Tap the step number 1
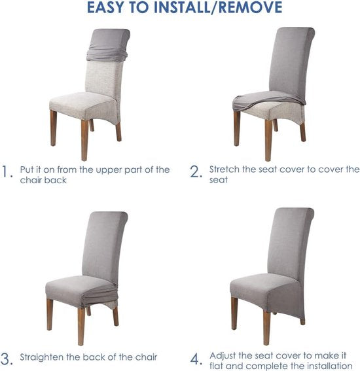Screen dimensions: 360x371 click(7, 171)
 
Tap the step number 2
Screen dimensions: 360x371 click(196, 171)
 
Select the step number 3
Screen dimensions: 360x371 click(7, 359)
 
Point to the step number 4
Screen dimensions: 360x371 click(196, 359)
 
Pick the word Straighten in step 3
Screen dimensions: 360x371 click(42, 358)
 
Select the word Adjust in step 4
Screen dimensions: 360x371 click(223, 356)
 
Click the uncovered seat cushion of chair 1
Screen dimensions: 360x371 click(83, 104)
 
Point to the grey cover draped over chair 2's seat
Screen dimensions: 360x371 click(268, 99)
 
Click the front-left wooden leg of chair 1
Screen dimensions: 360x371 click(54, 128)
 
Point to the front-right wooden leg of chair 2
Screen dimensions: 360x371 click(268, 140)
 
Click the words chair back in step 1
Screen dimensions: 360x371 click(43, 181)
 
